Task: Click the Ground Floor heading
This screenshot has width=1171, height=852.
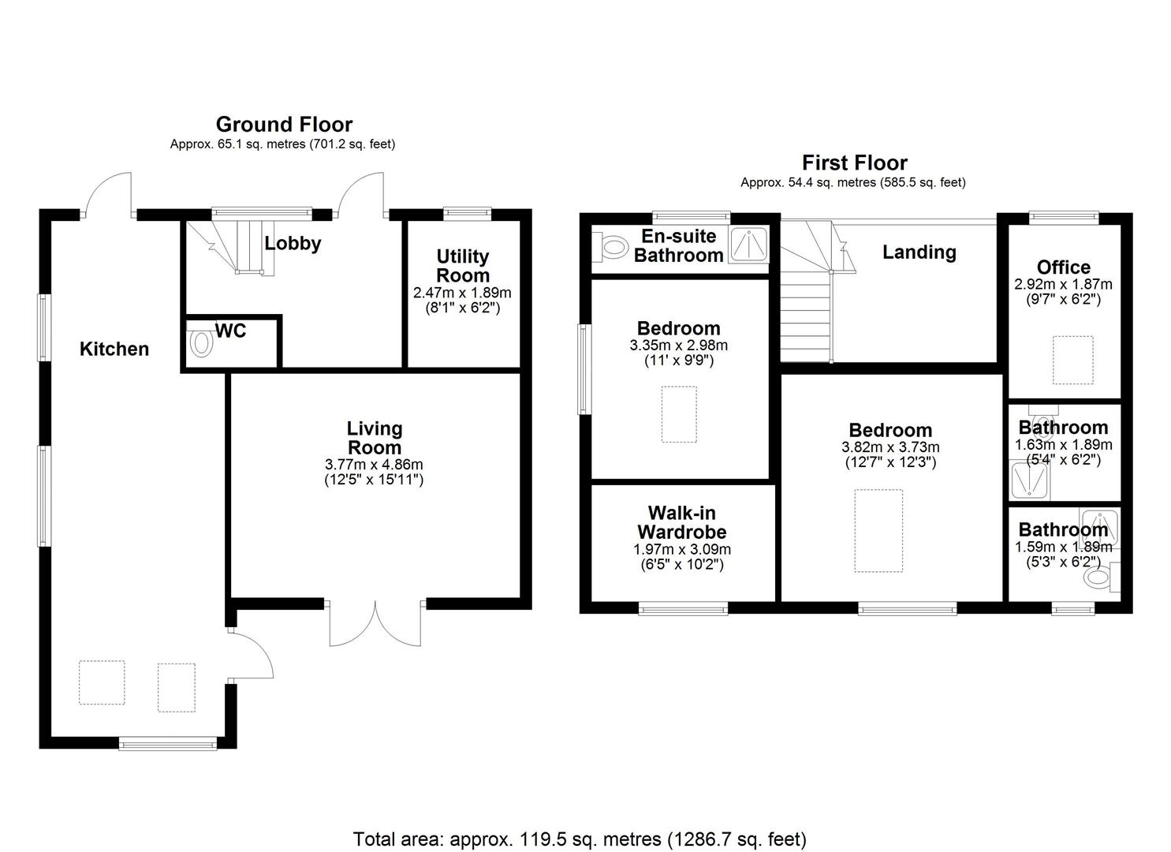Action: click(x=284, y=124)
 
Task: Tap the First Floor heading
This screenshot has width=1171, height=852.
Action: click(x=855, y=163)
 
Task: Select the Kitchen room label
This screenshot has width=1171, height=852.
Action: click(x=114, y=349)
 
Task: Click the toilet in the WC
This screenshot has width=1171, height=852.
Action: click(x=201, y=345)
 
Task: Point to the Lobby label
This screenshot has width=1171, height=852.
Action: click(x=293, y=243)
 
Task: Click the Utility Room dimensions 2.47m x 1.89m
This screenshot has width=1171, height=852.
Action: click(x=462, y=293)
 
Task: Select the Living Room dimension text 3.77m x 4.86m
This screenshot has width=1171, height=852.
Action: click(x=374, y=465)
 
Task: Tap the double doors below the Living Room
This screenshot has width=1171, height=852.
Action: click(x=375, y=623)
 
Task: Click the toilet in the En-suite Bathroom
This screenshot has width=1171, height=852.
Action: click(x=611, y=246)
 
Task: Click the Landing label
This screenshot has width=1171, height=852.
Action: click(x=919, y=252)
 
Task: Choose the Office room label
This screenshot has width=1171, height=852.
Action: click(x=1063, y=267)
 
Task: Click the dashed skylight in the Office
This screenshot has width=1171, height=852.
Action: click(x=1073, y=360)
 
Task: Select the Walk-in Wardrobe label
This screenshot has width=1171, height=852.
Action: click(x=682, y=522)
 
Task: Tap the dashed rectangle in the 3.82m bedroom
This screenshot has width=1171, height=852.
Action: click(x=878, y=530)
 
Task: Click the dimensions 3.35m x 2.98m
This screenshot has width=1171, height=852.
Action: click(x=678, y=346)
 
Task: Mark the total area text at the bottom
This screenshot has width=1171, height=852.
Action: click(x=580, y=839)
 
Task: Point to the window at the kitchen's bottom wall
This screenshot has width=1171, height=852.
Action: click(x=166, y=742)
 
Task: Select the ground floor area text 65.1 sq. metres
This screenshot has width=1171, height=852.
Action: click(x=282, y=144)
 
